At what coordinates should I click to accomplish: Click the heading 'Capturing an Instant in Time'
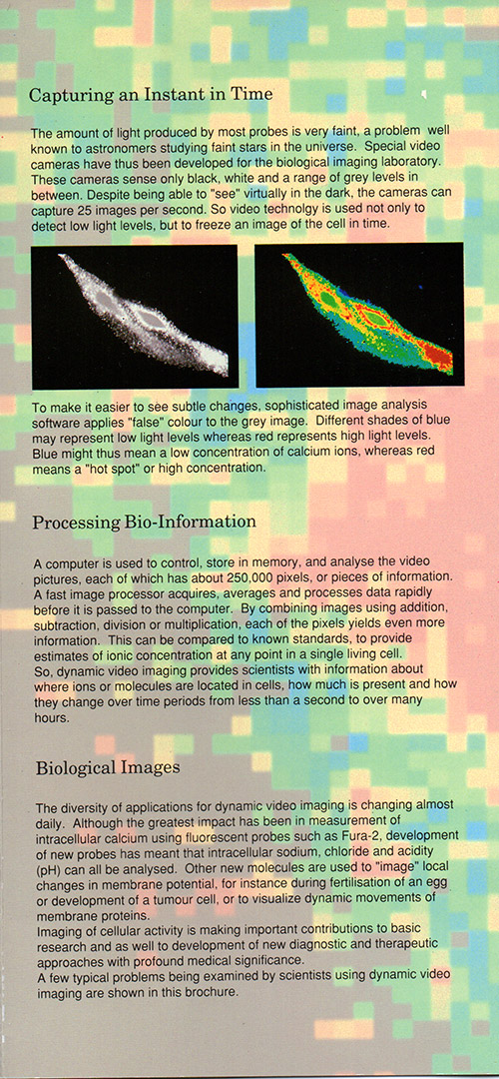click(x=152, y=94)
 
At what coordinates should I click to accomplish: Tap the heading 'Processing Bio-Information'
click(x=144, y=522)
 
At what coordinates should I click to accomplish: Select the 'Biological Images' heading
click(x=107, y=767)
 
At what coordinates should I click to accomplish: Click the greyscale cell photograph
click(x=135, y=317)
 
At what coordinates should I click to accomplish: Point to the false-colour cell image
click(x=359, y=315)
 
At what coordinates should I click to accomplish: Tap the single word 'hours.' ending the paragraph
click(x=52, y=715)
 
